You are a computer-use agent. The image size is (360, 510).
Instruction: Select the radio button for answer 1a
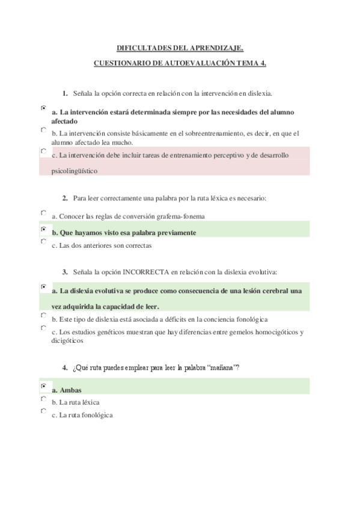point(43,108)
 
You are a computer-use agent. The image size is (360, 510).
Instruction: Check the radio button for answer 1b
point(43,129)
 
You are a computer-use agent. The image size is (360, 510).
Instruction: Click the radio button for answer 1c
point(43,151)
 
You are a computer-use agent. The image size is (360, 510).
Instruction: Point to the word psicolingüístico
point(75,170)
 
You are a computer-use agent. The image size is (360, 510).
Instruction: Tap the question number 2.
point(65,197)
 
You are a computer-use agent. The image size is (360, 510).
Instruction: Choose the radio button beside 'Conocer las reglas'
point(43,212)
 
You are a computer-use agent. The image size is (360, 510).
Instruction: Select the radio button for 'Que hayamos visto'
point(43,229)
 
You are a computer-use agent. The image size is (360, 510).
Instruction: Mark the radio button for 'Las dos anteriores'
point(43,241)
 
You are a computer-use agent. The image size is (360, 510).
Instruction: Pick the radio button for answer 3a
point(43,287)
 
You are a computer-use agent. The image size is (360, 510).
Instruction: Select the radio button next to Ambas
point(43,386)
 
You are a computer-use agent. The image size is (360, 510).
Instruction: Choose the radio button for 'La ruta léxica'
point(43,398)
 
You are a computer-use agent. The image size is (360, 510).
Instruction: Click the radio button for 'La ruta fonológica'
point(43,411)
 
